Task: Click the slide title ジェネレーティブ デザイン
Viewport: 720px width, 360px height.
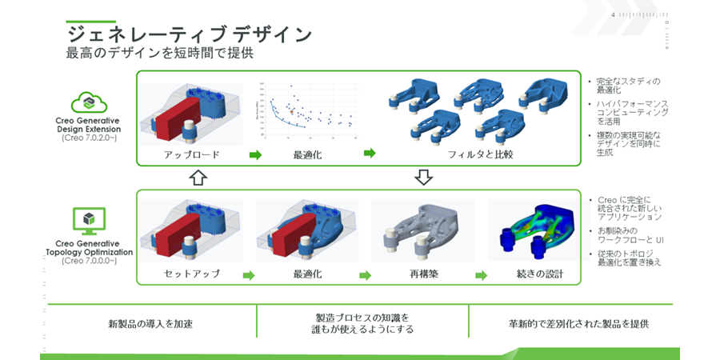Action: pyautogui.click(x=189, y=34)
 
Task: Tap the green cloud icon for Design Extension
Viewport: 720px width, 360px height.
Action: pyautogui.click(x=90, y=103)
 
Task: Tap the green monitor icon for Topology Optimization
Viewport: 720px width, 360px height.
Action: pyautogui.click(x=90, y=219)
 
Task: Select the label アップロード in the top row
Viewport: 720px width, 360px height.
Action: pyautogui.click(x=191, y=154)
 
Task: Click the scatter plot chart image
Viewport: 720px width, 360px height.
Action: pyautogui.click(x=307, y=113)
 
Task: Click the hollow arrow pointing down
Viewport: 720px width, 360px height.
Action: pyautogui.click(x=425, y=177)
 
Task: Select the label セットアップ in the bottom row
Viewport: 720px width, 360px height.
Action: pyautogui.click(x=191, y=274)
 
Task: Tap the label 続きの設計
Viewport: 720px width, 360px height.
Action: pyautogui.click(x=539, y=274)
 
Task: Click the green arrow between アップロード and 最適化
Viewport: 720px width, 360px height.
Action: pyautogui.click(x=255, y=154)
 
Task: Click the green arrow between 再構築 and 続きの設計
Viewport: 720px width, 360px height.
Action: pyautogui.click(x=482, y=275)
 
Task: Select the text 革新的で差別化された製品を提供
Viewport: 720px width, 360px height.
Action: pyautogui.click(x=578, y=324)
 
